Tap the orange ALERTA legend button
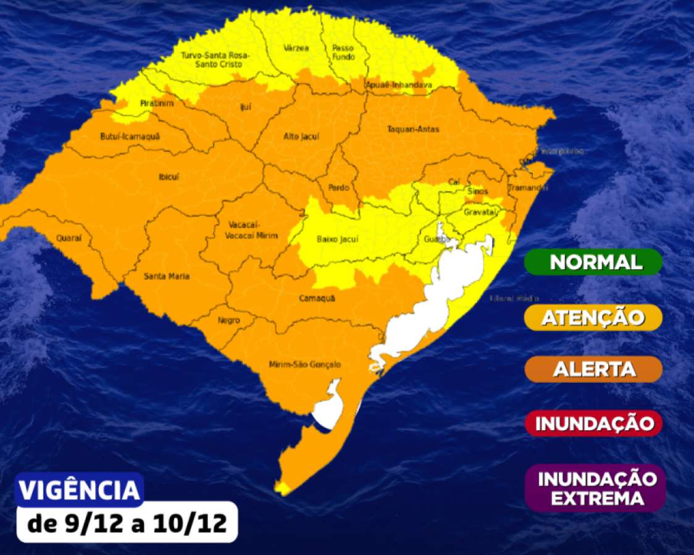593,369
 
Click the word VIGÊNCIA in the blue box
79,490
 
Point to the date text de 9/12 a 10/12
127,525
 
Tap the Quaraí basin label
69,237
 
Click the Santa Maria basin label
166,276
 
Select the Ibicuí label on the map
169,177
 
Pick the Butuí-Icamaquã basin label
129,136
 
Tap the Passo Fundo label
343,52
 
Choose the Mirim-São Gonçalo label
304,364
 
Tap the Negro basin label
228,320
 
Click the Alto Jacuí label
301,136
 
